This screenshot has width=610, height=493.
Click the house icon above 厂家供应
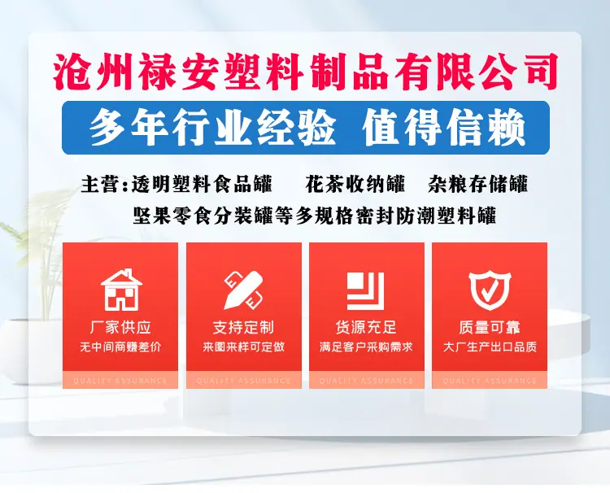point(121,290)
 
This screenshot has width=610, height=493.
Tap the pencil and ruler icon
point(243,290)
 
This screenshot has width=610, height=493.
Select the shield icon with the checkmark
point(490,290)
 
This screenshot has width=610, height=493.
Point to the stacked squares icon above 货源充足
point(365,290)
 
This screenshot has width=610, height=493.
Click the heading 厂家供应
point(120,327)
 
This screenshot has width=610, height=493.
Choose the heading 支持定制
point(243,327)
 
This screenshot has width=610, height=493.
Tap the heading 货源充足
point(366,327)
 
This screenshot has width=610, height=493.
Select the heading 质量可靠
point(490,327)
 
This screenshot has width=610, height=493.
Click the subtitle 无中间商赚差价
point(120,347)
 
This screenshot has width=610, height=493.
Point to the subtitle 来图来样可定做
point(243,347)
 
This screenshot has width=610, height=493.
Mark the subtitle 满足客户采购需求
point(366,347)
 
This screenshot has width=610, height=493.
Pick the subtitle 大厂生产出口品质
point(490,347)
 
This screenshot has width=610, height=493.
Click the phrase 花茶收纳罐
point(355,184)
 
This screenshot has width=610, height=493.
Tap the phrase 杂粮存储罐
point(477,184)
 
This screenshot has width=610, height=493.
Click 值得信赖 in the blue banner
point(444,128)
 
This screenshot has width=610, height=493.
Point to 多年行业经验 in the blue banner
point(212,128)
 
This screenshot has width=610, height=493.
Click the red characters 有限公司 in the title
point(476,72)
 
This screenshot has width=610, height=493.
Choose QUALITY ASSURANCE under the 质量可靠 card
point(490,381)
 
